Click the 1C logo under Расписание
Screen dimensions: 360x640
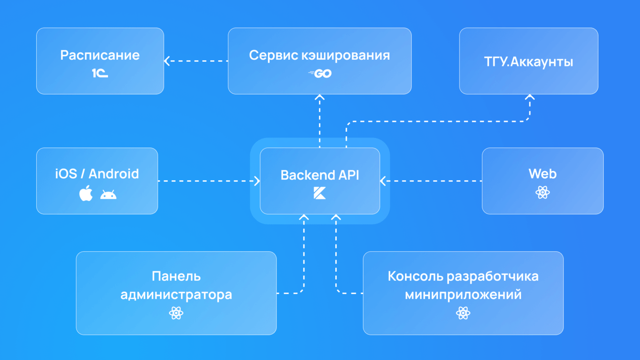(x=100, y=74)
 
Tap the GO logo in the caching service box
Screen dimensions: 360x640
(x=320, y=74)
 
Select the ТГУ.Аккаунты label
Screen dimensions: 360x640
(x=528, y=62)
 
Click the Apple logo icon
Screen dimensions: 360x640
(x=86, y=194)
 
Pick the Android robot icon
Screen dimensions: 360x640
(x=108, y=194)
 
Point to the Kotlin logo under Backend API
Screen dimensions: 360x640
(x=320, y=193)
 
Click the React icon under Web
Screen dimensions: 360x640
(x=543, y=192)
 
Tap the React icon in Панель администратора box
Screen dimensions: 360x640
(x=176, y=313)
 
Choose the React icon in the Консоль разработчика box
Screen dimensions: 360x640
(x=463, y=313)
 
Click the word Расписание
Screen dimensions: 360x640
(x=100, y=55)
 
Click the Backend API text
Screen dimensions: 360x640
(x=320, y=175)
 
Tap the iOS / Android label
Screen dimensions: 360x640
(x=97, y=174)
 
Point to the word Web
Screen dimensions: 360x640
(x=543, y=174)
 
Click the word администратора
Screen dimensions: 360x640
(x=176, y=295)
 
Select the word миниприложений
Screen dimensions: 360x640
(x=463, y=295)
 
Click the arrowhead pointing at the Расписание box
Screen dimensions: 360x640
(x=167, y=61)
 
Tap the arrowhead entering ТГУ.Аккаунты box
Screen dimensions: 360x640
(x=529, y=97)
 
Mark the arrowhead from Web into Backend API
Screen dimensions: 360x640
(x=383, y=181)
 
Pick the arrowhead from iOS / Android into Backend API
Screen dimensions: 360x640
(x=257, y=181)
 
